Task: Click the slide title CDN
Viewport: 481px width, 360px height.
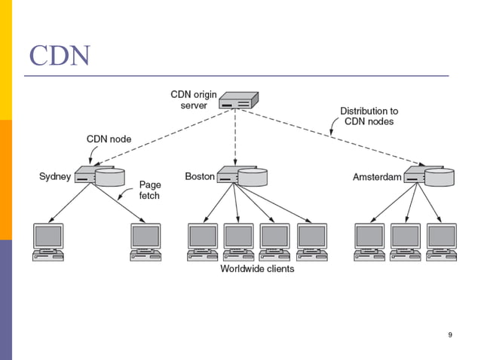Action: (59, 56)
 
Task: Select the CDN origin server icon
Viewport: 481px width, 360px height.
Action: (239, 100)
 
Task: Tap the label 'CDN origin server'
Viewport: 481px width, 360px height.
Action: (194, 99)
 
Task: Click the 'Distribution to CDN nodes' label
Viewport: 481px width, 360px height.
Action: (369, 116)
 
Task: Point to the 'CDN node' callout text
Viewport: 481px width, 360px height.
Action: (109, 139)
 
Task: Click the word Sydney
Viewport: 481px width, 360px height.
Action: (55, 177)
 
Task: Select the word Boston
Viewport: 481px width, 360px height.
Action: (200, 177)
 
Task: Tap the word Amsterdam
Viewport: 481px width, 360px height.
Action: (377, 178)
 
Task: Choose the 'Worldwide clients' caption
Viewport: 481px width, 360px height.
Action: (257, 269)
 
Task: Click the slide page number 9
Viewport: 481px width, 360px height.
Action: (450, 334)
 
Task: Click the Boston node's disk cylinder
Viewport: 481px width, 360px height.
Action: (253, 177)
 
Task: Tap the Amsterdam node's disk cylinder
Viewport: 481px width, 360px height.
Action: (439, 177)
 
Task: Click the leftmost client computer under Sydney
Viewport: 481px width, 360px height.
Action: (48, 242)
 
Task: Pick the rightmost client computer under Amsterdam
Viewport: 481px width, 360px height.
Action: (441, 242)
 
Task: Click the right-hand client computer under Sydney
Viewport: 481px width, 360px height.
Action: (146, 242)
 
